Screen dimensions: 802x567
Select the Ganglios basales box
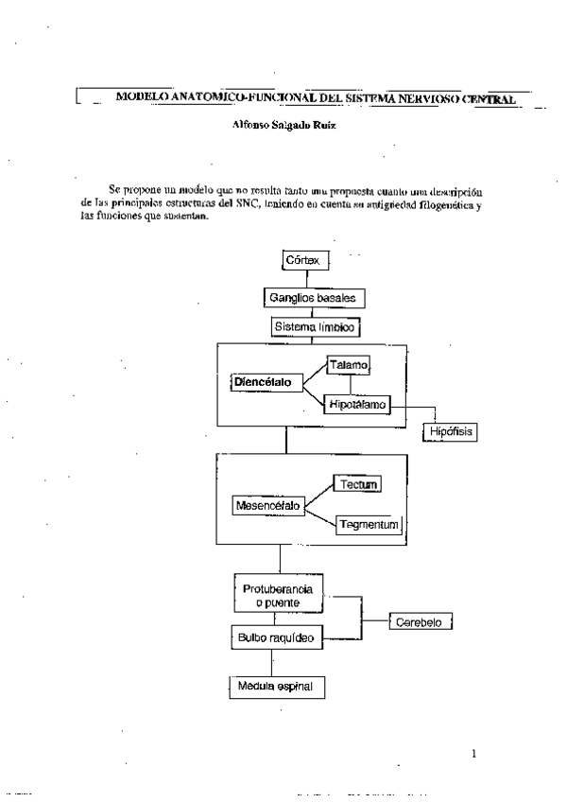point(313,297)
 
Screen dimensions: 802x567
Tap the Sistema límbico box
point(315,327)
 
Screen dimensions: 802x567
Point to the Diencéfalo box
point(268,382)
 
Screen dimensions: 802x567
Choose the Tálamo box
point(350,364)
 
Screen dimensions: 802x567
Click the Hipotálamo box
point(357,405)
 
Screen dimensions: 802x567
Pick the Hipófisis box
point(450,432)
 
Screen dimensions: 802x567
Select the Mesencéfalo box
point(268,506)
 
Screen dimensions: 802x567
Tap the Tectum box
point(359,484)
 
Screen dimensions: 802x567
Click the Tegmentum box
point(369,524)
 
